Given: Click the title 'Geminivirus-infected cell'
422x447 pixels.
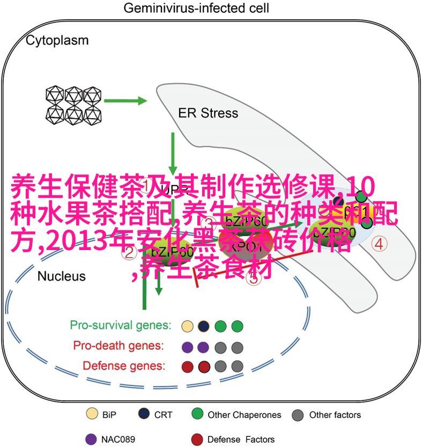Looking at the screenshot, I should pos(196,9).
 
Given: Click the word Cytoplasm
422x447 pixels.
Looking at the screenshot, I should pos(58,40).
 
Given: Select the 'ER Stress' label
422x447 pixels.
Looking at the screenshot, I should pos(208,113).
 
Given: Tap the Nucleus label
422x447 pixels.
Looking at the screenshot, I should pos(61,276).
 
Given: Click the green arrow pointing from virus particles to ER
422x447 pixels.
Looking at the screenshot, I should pos(126,100).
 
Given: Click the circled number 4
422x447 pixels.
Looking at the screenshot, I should pos(395,244).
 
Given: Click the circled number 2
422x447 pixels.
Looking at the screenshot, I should pos(129,252).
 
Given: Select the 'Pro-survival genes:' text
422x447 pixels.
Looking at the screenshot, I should pos(121,325).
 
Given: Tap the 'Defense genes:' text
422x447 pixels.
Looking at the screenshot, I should pos(124,366).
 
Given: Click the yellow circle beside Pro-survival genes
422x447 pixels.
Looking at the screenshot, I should pos(187,326).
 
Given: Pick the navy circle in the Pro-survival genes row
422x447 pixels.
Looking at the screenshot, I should pos(203,326).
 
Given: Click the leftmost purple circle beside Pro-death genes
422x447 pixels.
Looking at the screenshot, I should pos(187,347).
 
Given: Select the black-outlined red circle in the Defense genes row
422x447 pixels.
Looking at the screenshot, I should pos(203,367).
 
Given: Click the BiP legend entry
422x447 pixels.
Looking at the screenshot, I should pos(102,415).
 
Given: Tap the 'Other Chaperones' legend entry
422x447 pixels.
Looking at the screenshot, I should pos(236,415).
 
